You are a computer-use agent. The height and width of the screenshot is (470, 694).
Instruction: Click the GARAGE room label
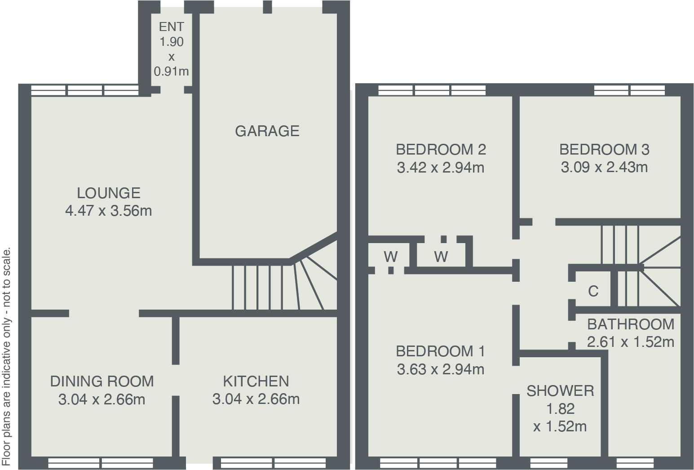pyautogui.click(x=267, y=131)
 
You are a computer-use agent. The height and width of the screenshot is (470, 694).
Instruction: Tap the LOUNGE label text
pyautogui.click(x=109, y=193)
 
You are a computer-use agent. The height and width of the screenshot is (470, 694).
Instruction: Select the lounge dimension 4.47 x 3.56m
pyautogui.click(x=109, y=211)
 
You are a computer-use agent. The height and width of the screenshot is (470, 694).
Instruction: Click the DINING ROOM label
pyautogui.click(x=102, y=381)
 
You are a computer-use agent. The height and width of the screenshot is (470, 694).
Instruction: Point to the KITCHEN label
pyautogui.click(x=256, y=381)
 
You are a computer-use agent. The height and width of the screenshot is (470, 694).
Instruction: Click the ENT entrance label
pyautogui.click(x=171, y=27)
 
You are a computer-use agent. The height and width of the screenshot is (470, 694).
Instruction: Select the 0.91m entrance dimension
pyautogui.click(x=171, y=71)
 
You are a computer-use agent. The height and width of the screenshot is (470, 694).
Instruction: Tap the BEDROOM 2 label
pyautogui.click(x=441, y=149)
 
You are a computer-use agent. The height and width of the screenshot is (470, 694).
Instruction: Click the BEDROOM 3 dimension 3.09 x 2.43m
pyautogui.click(x=604, y=168)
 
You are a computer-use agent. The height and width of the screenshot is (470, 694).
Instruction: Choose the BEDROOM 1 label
pyautogui.click(x=441, y=351)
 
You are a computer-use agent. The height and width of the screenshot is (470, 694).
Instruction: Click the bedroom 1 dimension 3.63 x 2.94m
pyautogui.click(x=441, y=369)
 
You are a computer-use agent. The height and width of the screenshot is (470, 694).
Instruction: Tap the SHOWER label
pyautogui.click(x=560, y=391)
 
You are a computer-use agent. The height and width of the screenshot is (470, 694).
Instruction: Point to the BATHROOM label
pyautogui.click(x=631, y=324)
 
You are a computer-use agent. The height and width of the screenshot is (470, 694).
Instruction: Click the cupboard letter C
pyautogui.click(x=593, y=292)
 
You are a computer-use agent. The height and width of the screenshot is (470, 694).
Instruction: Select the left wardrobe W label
pyautogui.click(x=390, y=257)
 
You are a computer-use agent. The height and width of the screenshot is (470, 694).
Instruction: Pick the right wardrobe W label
pyautogui.click(x=441, y=257)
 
